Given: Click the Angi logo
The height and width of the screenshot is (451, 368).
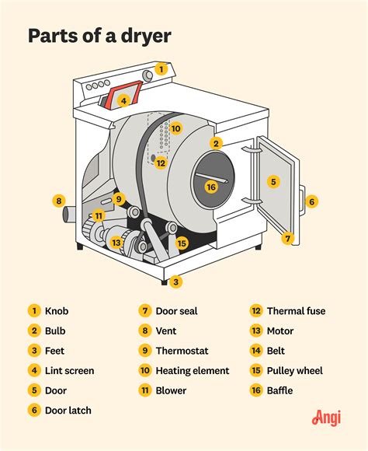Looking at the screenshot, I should pyautogui.click(x=328, y=418).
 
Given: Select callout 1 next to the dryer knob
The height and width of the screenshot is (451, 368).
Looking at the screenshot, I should pyautogui.click(x=161, y=68).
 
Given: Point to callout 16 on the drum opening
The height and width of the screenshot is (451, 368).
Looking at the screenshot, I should pyautogui.click(x=210, y=187).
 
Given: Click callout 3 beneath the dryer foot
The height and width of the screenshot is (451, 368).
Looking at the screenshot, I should pyautogui.click(x=176, y=281).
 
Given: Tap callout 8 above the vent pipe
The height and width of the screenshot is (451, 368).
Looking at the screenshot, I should pyautogui.click(x=58, y=201).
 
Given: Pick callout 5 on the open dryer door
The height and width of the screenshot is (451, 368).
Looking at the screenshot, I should pyautogui.click(x=273, y=181).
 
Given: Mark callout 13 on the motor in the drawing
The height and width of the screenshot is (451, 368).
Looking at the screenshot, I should pyautogui.click(x=116, y=242).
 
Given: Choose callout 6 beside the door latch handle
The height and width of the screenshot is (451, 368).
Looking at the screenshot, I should pyautogui.click(x=311, y=201).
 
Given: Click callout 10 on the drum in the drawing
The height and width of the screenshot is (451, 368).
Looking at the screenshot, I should pyautogui.click(x=175, y=128).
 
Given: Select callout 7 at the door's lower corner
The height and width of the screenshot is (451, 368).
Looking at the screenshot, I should pyautogui.click(x=287, y=239).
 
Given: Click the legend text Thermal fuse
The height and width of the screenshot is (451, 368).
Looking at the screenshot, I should pyautogui.click(x=296, y=311).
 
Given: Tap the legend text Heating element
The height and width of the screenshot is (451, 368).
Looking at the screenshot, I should pyautogui.click(x=192, y=371).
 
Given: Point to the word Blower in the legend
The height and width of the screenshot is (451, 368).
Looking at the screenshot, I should pyautogui.click(x=170, y=390).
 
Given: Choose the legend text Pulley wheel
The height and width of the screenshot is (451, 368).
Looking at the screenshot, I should pyautogui.click(x=294, y=371).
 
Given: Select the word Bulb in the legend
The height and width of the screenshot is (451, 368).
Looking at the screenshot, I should pyautogui.click(x=56, y=330).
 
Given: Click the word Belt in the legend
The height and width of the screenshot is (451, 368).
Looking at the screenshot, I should pyautogui.click(x=277, y=351).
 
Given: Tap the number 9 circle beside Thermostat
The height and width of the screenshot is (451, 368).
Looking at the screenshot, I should pyautogui.click(x=145, y=351).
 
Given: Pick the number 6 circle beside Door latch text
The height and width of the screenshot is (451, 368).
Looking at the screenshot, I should pyautogui.click(x=34, y=411).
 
